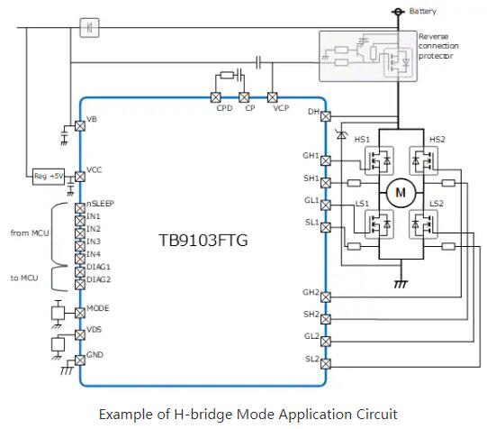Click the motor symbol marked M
pos(401,193)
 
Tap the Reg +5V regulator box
pos(49,177)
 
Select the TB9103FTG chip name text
pos(203,241)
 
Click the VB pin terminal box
pos(80,126)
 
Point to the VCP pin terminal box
pos(273,97)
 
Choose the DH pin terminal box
pos(326,116)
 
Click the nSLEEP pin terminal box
pos(80,208)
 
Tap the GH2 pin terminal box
pos(326,297)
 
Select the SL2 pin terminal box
pos(326,364)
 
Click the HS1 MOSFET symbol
pos(379,161)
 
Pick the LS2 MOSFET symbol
pos(424,224)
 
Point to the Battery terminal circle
pos(398,12)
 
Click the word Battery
pos(423,11)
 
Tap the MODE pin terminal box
pos(80,313)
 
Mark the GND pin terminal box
pos(80,361)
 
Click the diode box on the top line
pos(89,28)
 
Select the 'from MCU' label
pos(30,233)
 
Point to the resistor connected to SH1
pos(354,183)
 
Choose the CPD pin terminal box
pos(216,97)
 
